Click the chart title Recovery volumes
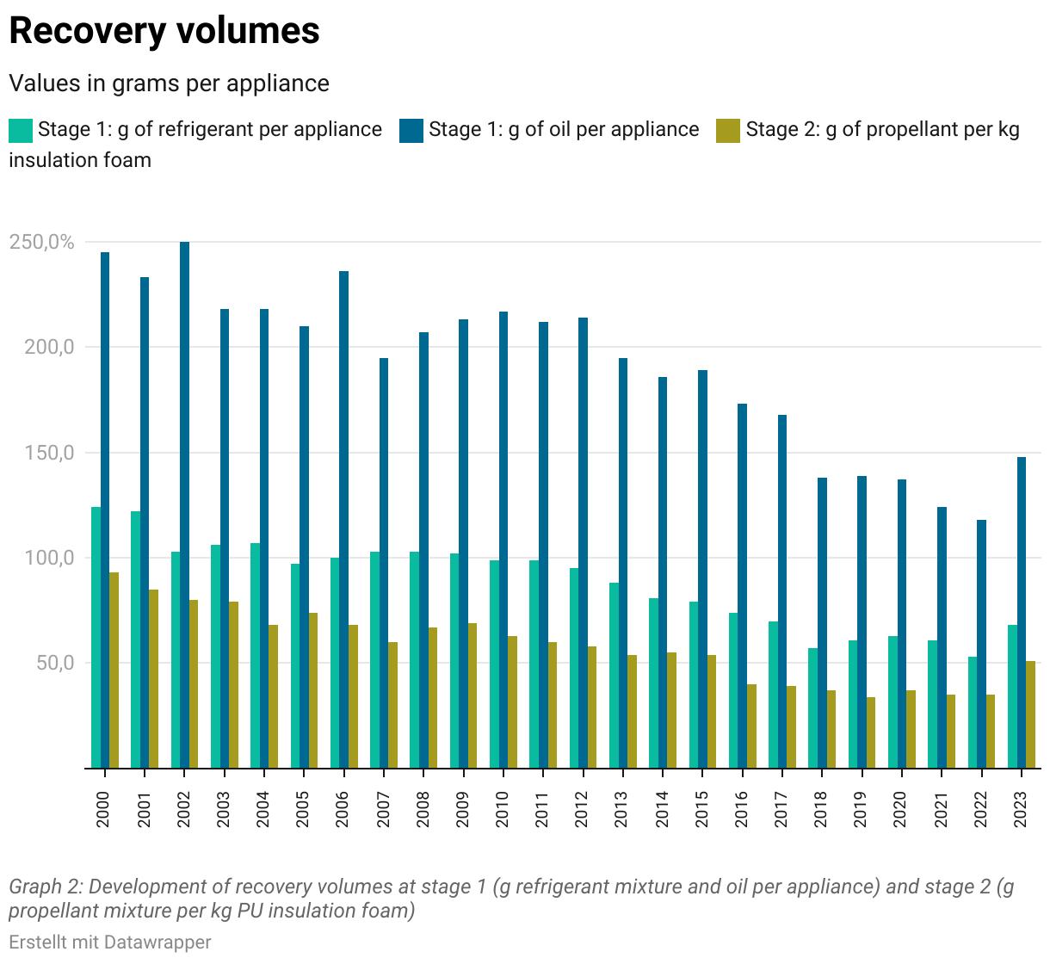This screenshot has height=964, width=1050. [x=164, y=31]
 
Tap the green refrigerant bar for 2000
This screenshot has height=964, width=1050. [x=96, y=637]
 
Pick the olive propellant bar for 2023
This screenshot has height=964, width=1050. [x=1030, y=714]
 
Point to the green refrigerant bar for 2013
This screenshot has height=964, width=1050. [x=614, y=675]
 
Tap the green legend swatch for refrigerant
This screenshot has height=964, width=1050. [x=21, y=130]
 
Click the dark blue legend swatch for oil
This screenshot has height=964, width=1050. [x=411, y=130]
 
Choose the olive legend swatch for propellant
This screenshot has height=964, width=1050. [x=728, y=130]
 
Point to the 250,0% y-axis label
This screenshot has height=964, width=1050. [x=41, y=242]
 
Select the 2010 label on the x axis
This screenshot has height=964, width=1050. [x=503, y=809]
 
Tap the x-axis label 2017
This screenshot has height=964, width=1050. [x=781, y=809]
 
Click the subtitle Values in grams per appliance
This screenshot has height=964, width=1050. [x=169, y=83]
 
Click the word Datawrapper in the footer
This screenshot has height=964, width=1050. [x=157, y=942]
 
